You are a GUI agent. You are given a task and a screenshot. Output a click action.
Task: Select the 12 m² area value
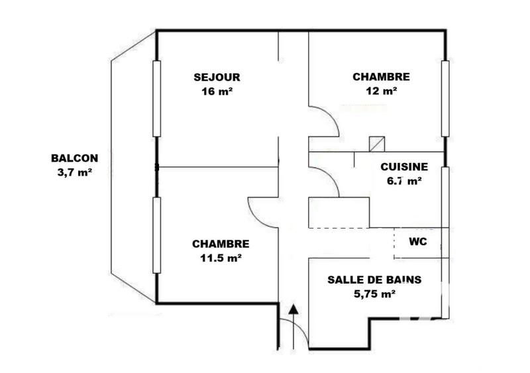[381, 91]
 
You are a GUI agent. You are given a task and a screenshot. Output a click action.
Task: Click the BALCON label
[74, 158]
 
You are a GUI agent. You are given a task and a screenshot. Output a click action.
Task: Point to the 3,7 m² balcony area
[74, 173]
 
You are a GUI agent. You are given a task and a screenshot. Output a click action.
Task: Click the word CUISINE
[403, 167]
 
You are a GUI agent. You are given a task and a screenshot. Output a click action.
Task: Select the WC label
[417, 242]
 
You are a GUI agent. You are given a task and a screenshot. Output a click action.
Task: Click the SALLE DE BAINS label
[374, 280]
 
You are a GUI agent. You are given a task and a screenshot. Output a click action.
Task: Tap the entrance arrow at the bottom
[293, 309]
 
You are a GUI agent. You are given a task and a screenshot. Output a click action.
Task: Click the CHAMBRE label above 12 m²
[381, 77]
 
